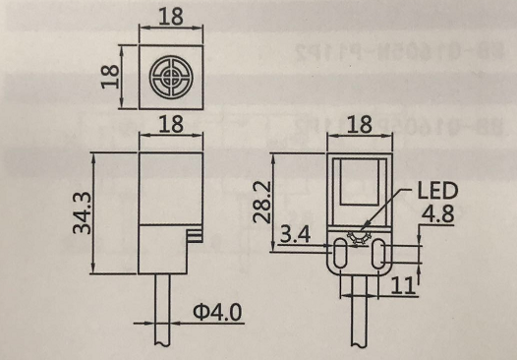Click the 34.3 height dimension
point(82,212)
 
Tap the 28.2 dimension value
point(262,202)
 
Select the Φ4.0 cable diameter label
point(217,312)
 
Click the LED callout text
point(437,191)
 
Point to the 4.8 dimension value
point(437,213)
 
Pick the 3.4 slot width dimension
point(296,235)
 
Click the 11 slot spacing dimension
point(402,285)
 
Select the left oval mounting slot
point(339,253)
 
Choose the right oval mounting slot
point(378,254)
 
